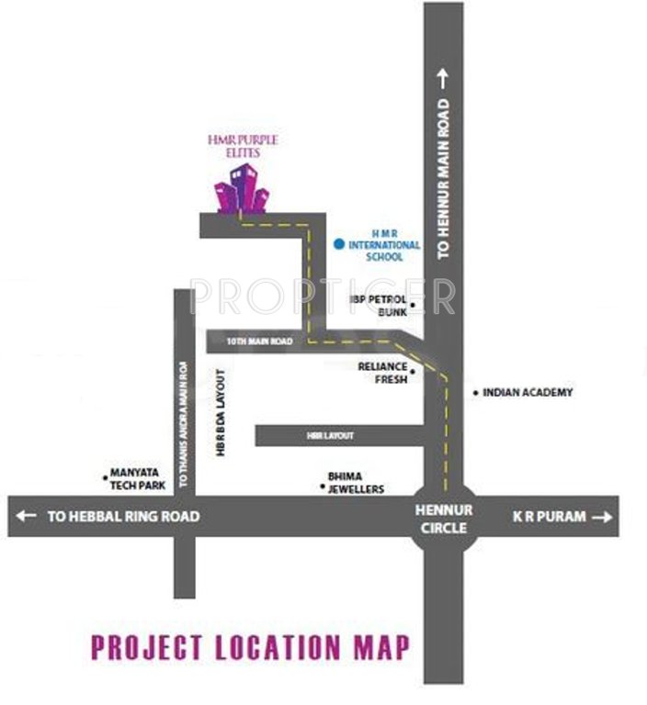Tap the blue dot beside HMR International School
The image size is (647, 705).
[x=339, y=244]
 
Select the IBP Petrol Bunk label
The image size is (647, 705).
[x=379, y=306]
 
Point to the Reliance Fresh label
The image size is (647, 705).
[x=382, y=372]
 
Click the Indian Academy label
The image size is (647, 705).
[x=528, y=392]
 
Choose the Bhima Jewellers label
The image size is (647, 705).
[x=355, y=483]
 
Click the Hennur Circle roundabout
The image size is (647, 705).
[x=444, y=518]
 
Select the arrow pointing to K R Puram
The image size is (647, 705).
[x=602, y=518]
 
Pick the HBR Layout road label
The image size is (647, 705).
[x=330, y=435]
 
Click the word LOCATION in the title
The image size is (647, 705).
[x=277, y=648]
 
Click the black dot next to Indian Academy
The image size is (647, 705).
[x=475, y=393]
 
